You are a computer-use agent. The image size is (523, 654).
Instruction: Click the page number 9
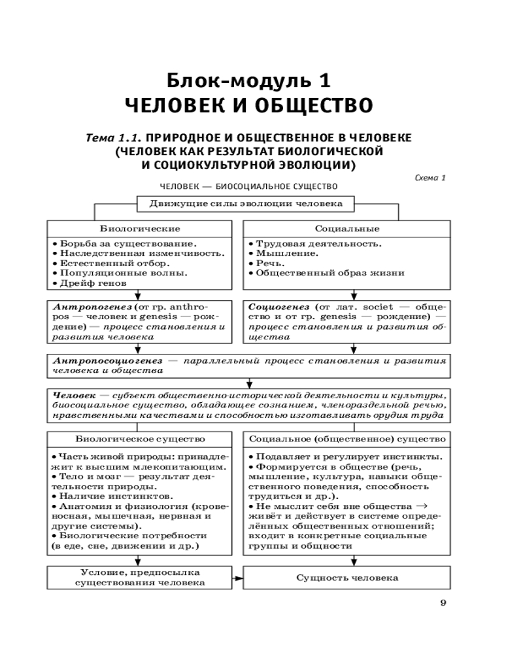pyautogui.click(x=443, y=602)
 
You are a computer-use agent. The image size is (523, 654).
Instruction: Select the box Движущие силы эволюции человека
pyautogui.click(x=246, y=203)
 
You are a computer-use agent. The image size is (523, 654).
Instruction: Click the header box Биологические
pyautogui.click(x=140, y=228)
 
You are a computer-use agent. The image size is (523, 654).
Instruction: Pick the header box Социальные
pyautogui.click(x=346, y=228)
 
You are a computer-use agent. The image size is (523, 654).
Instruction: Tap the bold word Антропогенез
pyautogui.click(x=84, y=305)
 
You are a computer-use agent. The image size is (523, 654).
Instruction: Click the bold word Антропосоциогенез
pyautogui.click(x=106, y=360)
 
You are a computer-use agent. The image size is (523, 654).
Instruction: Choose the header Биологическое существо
pyautogui.click(x=140, y=438)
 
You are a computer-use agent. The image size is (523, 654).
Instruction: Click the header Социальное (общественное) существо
pyautogui.click(x=348, y=438)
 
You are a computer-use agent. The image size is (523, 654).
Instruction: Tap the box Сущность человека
pyautogui.click(x=347, y=577)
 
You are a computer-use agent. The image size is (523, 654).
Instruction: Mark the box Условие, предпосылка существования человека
pyautogui.click(x=140, y=577)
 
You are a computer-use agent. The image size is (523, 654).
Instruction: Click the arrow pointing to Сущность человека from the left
pyautogui.click(x=238, y=578)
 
